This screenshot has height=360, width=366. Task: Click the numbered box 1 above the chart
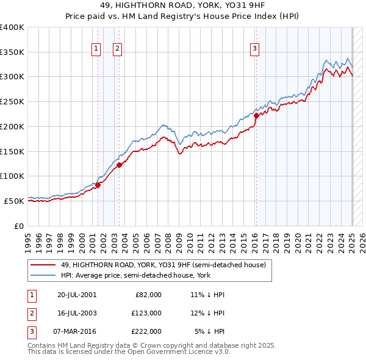click(96, 50)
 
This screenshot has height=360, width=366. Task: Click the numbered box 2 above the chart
click(117, 50)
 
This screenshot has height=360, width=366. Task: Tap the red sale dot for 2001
click(98, 185)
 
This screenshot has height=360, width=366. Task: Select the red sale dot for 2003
click(119, 165)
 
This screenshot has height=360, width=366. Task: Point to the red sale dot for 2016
click(256, 115)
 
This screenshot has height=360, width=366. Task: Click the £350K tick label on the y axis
click(12, 52)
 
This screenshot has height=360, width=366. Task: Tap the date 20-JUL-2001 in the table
click(77, 295)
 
